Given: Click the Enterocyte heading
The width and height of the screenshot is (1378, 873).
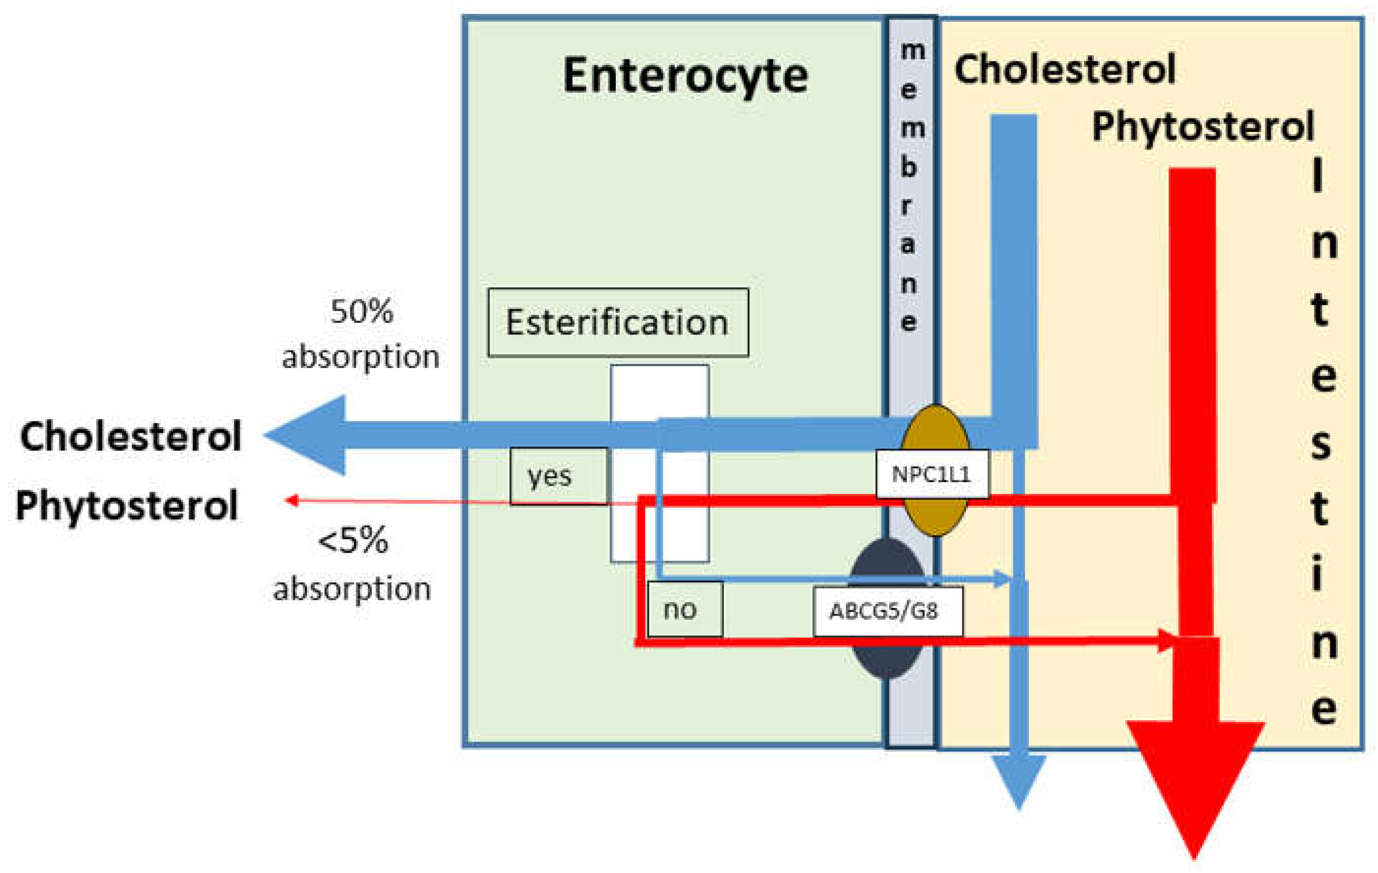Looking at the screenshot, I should [x=685, y=76].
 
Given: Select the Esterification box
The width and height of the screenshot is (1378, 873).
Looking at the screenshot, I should [x=618, y=323].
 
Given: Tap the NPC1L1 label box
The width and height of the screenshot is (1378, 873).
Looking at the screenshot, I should [x=932, y=474].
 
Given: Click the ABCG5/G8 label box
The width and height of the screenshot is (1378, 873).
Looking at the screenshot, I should [x=887, y=611].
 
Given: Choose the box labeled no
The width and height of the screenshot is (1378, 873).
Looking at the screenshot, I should [x=684, y=610].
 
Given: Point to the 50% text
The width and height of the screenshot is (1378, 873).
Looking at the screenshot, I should [x=362, y=312].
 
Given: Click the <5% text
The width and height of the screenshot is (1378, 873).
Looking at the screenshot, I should [x=353, y=541].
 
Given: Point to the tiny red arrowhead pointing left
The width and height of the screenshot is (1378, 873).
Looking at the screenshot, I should [x=292, y=501].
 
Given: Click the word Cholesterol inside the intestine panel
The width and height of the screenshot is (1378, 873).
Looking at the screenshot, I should [x=1065, y=70].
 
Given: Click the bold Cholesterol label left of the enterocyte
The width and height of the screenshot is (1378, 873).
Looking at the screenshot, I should [x=130, y=436].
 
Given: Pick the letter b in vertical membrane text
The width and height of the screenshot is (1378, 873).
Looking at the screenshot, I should [x=909, y=167].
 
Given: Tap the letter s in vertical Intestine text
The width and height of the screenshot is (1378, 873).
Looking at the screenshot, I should [x=1321, y=443].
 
